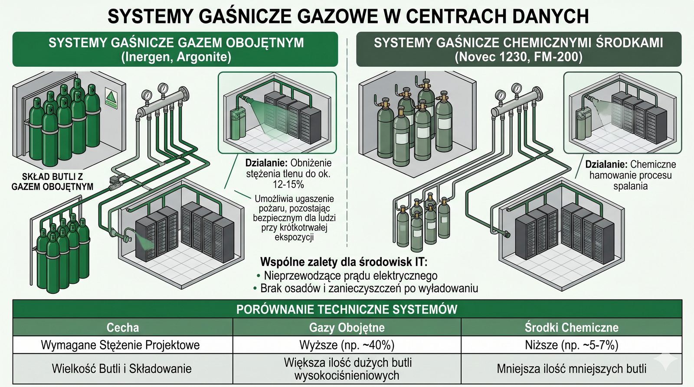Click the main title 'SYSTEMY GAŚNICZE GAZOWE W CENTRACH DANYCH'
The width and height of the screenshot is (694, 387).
(x=347, y=16)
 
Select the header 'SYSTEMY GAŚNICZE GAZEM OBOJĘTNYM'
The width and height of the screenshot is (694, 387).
(x=176, y=43)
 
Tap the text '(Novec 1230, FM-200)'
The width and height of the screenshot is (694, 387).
(x=518, y=57)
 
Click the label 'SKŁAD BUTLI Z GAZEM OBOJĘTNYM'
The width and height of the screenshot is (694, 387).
(x=52, y=182)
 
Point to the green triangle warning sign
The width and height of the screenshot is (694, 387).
(x=111, y=98)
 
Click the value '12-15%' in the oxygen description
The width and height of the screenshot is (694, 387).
(x=288, y=185)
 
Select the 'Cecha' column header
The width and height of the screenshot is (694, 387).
(x=123, y=327)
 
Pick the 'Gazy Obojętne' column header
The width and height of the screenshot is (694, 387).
(x=347, y=327)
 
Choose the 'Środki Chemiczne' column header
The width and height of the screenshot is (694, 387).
(x=571, y=327)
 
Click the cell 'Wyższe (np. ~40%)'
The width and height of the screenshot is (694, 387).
(x=347, y=345)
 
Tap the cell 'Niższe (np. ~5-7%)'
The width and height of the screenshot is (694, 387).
(x=571, y=345)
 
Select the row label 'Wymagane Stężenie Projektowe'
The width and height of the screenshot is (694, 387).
(x=120, y=345)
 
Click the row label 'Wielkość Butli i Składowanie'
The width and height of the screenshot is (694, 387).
(x=121, y=369)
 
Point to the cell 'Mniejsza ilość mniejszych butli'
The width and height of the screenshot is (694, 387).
(x=571, y=369)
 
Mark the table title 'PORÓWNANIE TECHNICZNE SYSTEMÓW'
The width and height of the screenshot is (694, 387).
(x=347, y=309)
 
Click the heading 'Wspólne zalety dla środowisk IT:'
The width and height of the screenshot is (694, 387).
(x=344, y=262)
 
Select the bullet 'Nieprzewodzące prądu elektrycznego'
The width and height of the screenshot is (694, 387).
(x=350, y=276)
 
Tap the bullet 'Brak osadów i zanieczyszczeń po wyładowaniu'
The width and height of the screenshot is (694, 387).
(x=369, y=289)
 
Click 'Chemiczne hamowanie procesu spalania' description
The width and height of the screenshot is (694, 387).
(x=630, y=176)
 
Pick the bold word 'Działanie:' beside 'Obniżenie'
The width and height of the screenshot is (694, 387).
(x=266, y=163)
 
